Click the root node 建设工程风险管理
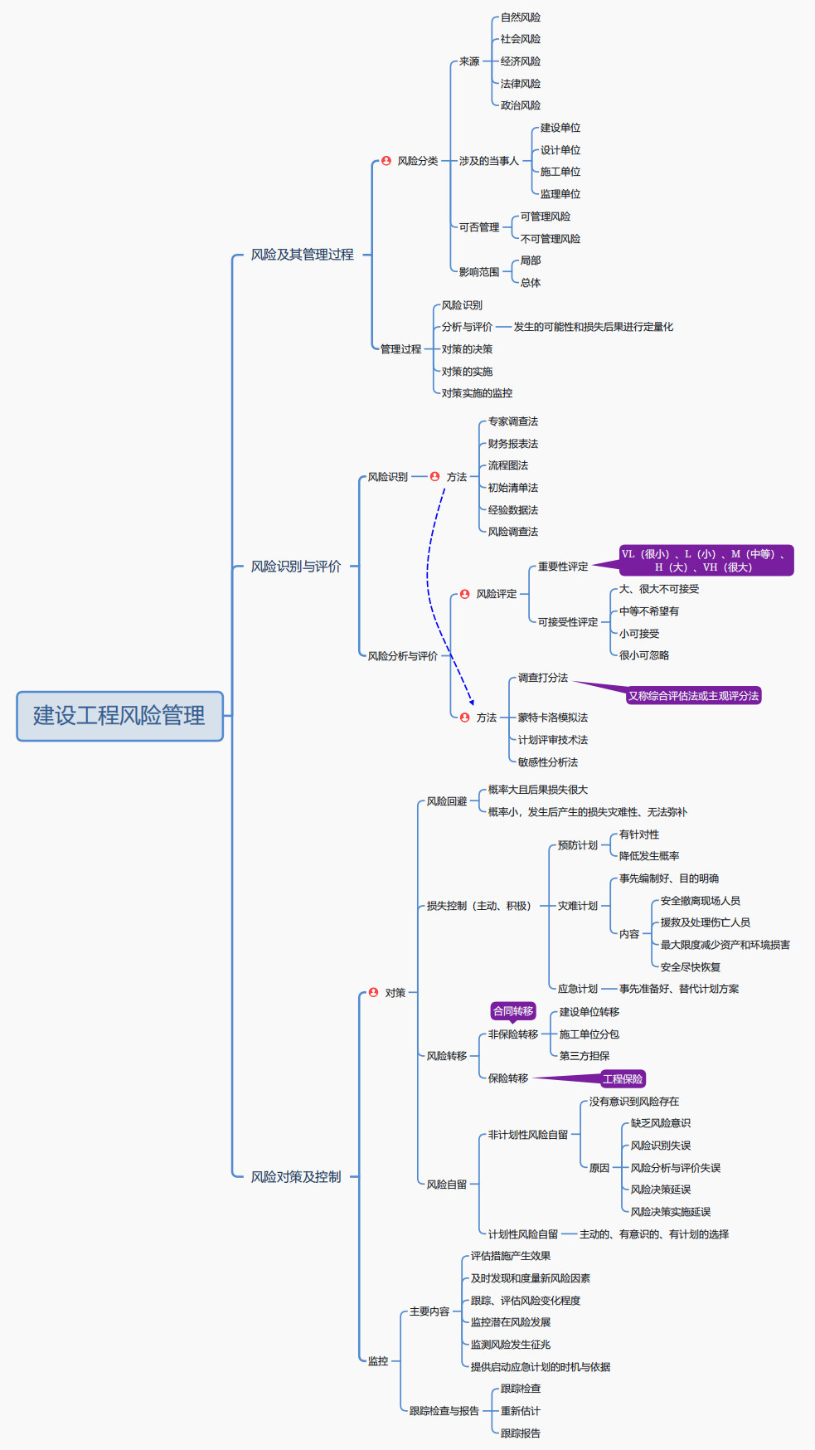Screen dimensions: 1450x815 click(x=119, y=716)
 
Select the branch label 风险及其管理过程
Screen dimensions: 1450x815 click(x=302, y=255)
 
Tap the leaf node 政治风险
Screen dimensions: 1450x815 click(x=520, y=105)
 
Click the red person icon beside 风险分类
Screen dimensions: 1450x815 click(x=386, y=161)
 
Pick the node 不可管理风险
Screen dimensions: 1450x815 click(x=550, y=239)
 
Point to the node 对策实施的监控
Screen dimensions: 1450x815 click(x=477, y=393)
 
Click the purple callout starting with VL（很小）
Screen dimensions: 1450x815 click(x=706, y=561)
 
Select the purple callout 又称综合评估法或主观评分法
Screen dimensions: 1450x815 click(x=693, y=696)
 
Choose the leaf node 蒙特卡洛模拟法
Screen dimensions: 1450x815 click(x=552, y=718)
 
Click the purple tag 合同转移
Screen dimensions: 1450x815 click(x=513, y=1011)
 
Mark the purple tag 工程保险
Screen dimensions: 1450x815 click(x=623, y=1079)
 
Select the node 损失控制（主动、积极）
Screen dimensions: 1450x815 click(x=478, y=906)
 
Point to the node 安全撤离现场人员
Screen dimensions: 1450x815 click(x=700, y=901)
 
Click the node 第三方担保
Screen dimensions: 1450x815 click(x=584, y=1056)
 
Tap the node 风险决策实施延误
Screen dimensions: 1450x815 click(x=670, y=1212)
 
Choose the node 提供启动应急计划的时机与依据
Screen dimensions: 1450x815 click(x=540, y=1367)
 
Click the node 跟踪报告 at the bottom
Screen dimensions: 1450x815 click(x=520, y=1433)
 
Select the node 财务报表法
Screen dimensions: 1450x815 click(x=512, y=444)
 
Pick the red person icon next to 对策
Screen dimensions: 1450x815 click(x=374, y=992)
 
